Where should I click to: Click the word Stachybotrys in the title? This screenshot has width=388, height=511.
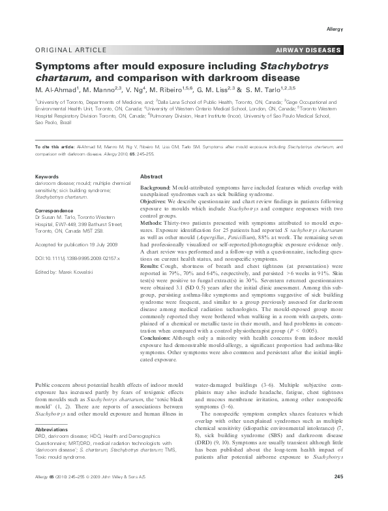pyautogui.click(x=294, y=66)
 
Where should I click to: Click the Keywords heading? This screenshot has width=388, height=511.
pyautogui.click(x=47, y=177)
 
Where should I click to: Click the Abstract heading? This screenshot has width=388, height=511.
pyautogui.click(x=151, y=177)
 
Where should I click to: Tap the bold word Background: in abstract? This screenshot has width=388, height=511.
pyautogui.click(x=160, y=188)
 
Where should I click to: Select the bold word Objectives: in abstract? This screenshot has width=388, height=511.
pyautogui.click(x=158, y=202)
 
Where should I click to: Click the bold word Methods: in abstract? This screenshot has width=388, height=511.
pyautogui.click(x=156, y=223)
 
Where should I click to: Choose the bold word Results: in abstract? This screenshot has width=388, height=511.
pyautogui.click(x=155, y=265)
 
